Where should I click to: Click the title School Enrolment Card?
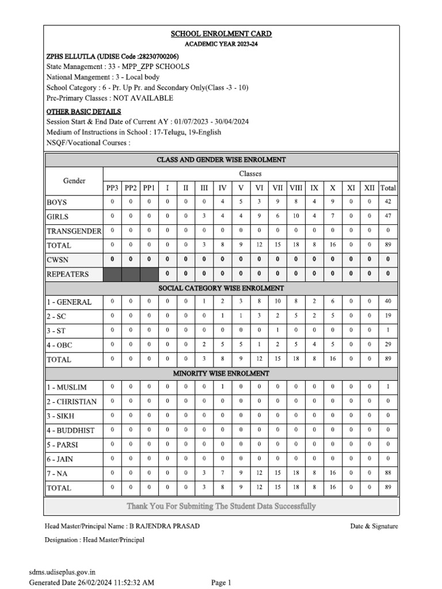click(x=221, y=34)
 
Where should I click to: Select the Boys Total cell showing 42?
click(x=388, y=202)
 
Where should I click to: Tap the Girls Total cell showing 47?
click(x=388, y=216)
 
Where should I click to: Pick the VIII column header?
click(x=296, y=188)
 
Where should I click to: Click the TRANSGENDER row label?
click(x=74, y=231)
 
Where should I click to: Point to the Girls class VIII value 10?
click(x=296, y=216)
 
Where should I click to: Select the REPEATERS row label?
click(x=68, y=274)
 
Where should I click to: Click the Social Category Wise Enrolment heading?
click(x=221, y=288)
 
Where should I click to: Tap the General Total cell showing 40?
click(x=388, y=301)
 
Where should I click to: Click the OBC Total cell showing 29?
click(x=388, y=345)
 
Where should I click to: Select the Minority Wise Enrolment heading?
click(x=221, y=373)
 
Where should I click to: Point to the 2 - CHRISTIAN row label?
click(x=72, y=401)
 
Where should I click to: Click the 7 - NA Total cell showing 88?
click(x=388, y=473)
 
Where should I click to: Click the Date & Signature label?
click(x=374, y=526)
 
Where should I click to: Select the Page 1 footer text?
click(x=221, y=583)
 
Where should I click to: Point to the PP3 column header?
click(x=112, y=188)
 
